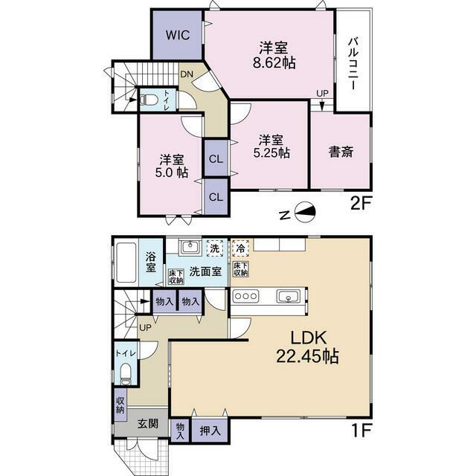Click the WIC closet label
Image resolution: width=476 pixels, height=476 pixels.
pyautogui.click(x=178, y=35)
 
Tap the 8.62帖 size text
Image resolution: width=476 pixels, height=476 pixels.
pyautogui.click(x=274, y=63)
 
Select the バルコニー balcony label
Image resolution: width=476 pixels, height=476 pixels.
pyautogui.click(x=353, y=63)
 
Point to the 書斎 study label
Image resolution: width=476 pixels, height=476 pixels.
pyautogui.click(x=341, y=152)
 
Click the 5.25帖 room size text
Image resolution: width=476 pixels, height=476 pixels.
pyautogui.click(x=271, y=153)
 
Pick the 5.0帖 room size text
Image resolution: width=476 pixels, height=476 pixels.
pyautogui.click(x=172, y=173)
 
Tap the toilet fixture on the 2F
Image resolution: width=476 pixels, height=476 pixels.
pyautogui.click(x=149, y=100)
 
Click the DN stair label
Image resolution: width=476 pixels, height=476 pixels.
pyautogui.click(x=187, y=74)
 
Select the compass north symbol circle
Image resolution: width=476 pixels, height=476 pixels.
pyautogui.click(x=306, y=213)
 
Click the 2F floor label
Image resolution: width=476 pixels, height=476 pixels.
pyautogui.click(x=361, y=204)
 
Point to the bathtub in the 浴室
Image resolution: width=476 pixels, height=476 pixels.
pyautogui.click(x=126, y=263)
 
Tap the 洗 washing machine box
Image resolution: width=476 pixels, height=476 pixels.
pyautogui.click(x=215, y=248)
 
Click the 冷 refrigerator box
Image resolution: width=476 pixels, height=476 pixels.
pyautogui.click(x=241, y=248)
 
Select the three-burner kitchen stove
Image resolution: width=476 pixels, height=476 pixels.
pyautogui.click(x=246, y=296)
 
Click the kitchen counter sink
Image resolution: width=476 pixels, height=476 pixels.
pyautogui.click(x=289, y=296)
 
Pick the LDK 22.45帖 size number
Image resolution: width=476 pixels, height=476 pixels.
pyautogui.click(x=307, y=356)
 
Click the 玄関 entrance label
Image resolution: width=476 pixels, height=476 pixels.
pyautogui.click(x=148, y=423)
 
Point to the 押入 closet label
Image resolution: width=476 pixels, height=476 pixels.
pyautogui.click(x=210, y=431)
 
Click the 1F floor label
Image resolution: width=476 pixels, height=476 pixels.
pyautogui.click(x=361, y=431)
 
